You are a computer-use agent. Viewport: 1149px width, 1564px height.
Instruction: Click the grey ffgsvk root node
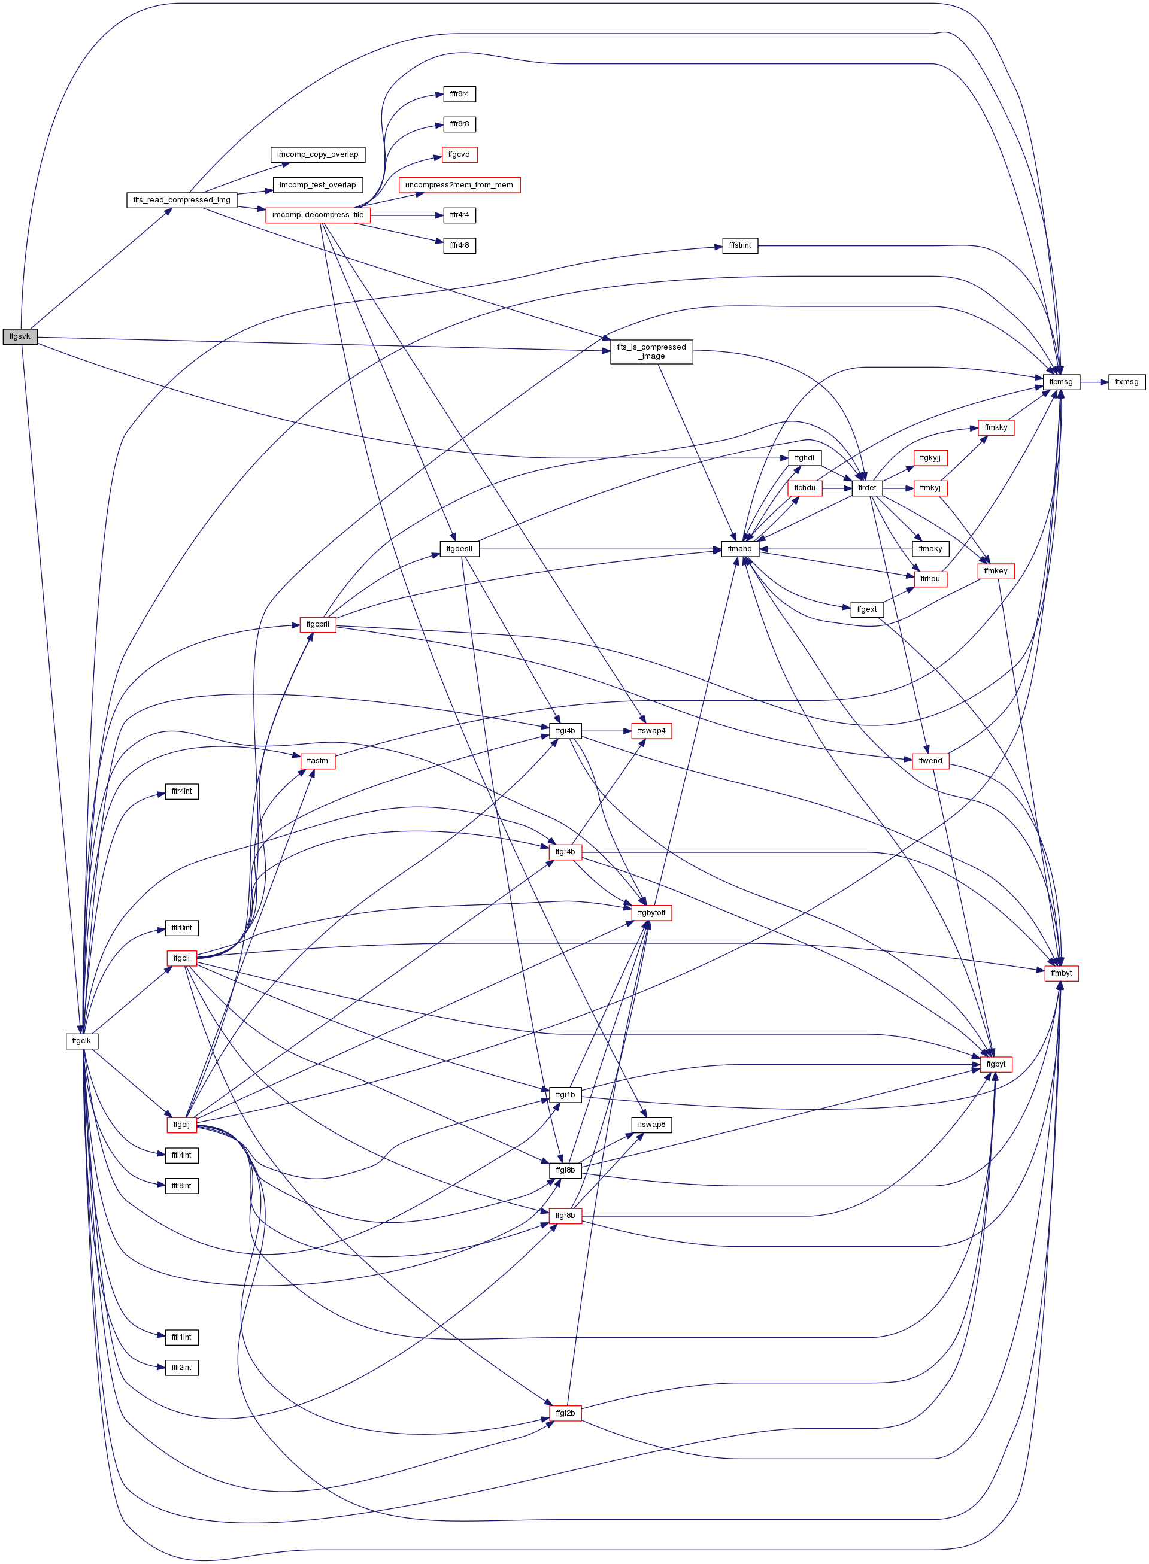point(20,336)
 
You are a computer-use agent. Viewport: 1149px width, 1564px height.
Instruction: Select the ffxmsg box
point(1126,382)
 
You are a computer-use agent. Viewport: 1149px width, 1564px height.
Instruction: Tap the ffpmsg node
point(1062,382)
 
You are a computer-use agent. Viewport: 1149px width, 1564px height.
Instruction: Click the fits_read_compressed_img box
point(181,199)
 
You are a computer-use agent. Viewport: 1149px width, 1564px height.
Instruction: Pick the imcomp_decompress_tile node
point(318,215)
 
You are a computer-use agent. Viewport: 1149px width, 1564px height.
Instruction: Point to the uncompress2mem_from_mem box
point(459,185)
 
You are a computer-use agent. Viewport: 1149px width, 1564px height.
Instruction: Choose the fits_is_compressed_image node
point(651,352)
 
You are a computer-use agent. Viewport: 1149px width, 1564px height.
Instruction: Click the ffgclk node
point(81,1041)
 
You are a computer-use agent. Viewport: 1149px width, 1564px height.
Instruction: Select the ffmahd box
point(740,548)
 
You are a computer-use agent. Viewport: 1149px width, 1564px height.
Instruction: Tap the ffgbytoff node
point(651,913)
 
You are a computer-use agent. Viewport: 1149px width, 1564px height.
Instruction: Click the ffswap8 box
point(651,1125)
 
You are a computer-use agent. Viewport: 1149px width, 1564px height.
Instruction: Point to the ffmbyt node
point(1062,973)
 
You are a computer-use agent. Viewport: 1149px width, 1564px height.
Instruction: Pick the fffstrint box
point(740,245)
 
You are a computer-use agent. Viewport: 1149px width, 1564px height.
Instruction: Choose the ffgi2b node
point(565,1413)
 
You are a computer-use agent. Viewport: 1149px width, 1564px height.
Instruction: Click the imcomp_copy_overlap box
point(318,154)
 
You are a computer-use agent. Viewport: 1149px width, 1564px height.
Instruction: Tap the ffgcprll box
point(318,624)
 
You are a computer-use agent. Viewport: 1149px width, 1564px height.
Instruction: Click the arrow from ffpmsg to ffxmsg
point(1094,382)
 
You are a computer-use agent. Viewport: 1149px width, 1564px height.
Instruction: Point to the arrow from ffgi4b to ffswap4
point(607,731)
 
